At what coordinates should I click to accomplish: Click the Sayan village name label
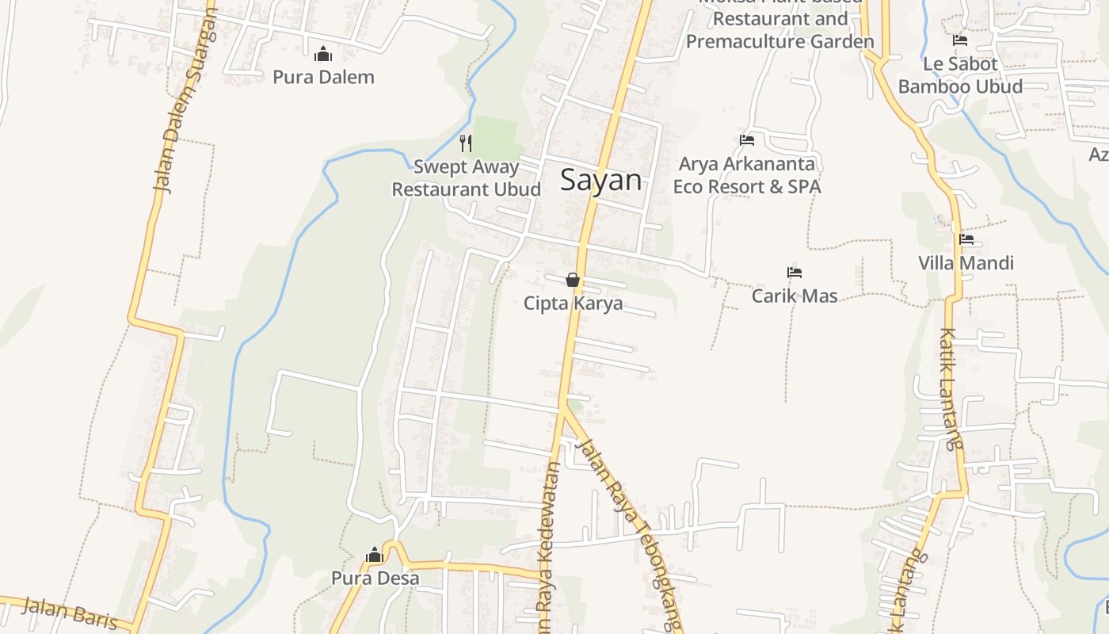pyautogui.click(x=600, y=181)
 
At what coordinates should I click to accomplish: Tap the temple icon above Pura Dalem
pyautogui.click(x=323, y=54)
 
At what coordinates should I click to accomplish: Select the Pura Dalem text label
pyautogui.click(x=323, y=77)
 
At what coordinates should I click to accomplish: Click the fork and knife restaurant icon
pyautogui.click(x=466, y=143)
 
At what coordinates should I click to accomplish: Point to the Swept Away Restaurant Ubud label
pyautogui.click(x=466, y=178)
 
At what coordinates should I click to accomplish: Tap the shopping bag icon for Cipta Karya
pyautogui.click(x=573, y=280)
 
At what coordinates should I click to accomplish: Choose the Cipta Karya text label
pyautogui.click(x=573, y=304)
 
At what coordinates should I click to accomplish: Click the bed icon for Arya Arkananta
pyautogui.click(x=747, y=140)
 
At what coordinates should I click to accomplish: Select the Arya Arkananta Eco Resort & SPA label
pyautogui.click(x=747, y=175)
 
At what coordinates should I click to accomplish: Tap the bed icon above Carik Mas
pyautogui.click(x=795, y=273)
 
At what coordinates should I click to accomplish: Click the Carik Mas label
pyautogui.click(x=795, y=296)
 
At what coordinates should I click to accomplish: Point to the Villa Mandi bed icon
pyautogui.click(x=966, y=239)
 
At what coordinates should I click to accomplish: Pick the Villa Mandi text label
pyautogui.click(x=966, y=263)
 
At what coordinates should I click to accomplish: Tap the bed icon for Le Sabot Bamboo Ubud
pyautogui.click(x=960, y=40)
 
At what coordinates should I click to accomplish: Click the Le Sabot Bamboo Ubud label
pyautogui.click(x=960, y=74)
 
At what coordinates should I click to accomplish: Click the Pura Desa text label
pyautogui.click(x=375, y=579)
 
